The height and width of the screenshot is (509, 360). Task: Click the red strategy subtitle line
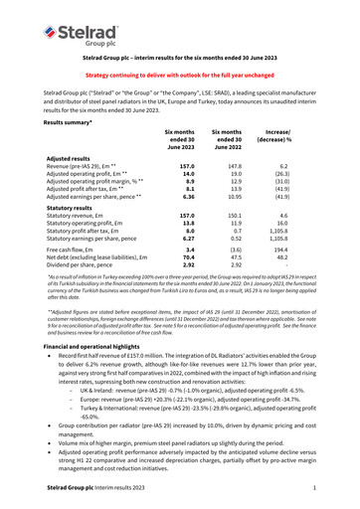pos(179,76)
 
